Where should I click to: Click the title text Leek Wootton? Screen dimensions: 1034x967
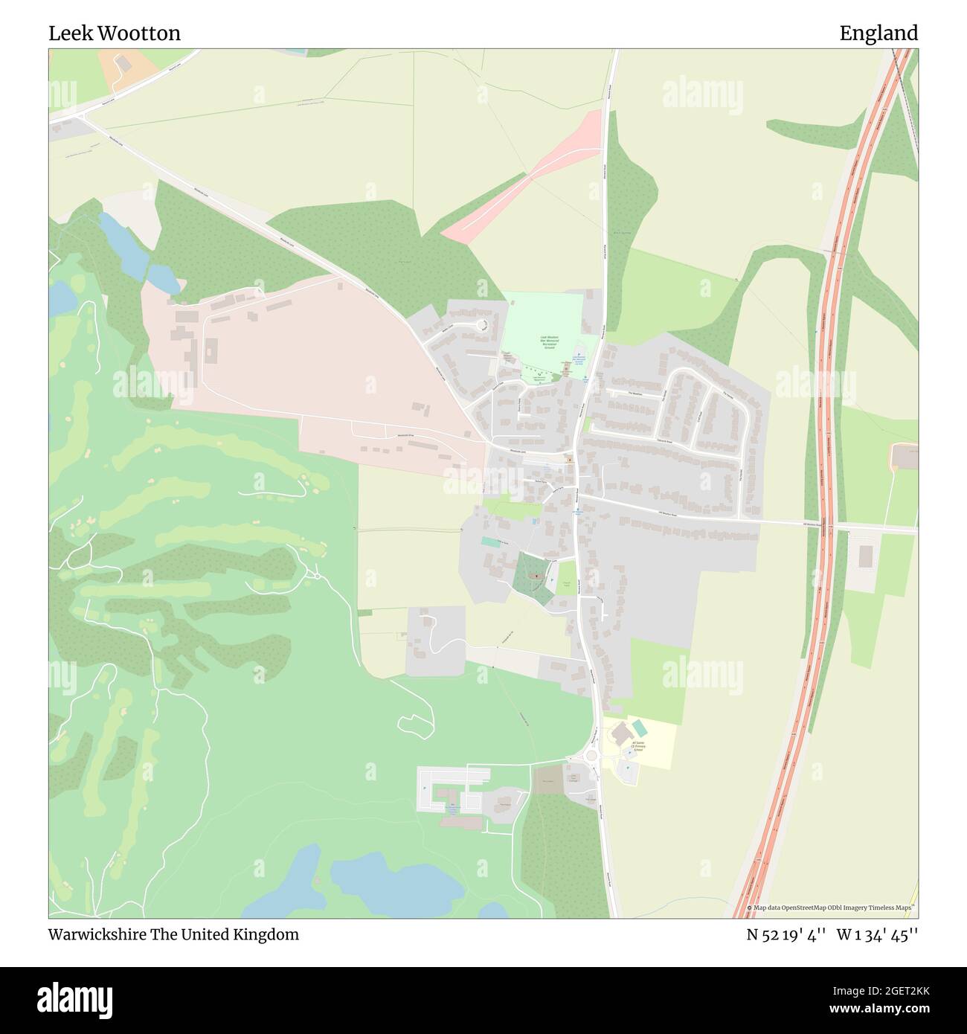(115, 33)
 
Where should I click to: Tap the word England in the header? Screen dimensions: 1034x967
(878, 33)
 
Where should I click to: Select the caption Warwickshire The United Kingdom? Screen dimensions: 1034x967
(174, 934)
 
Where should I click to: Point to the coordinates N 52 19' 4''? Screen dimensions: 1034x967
(787, 934)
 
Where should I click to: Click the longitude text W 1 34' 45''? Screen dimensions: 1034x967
(877, 934)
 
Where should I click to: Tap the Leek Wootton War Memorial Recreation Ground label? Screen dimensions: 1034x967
(550, 343)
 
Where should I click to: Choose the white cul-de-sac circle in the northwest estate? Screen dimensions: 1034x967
(481, 324)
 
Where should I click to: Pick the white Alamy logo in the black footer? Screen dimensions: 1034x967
(76, 998)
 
